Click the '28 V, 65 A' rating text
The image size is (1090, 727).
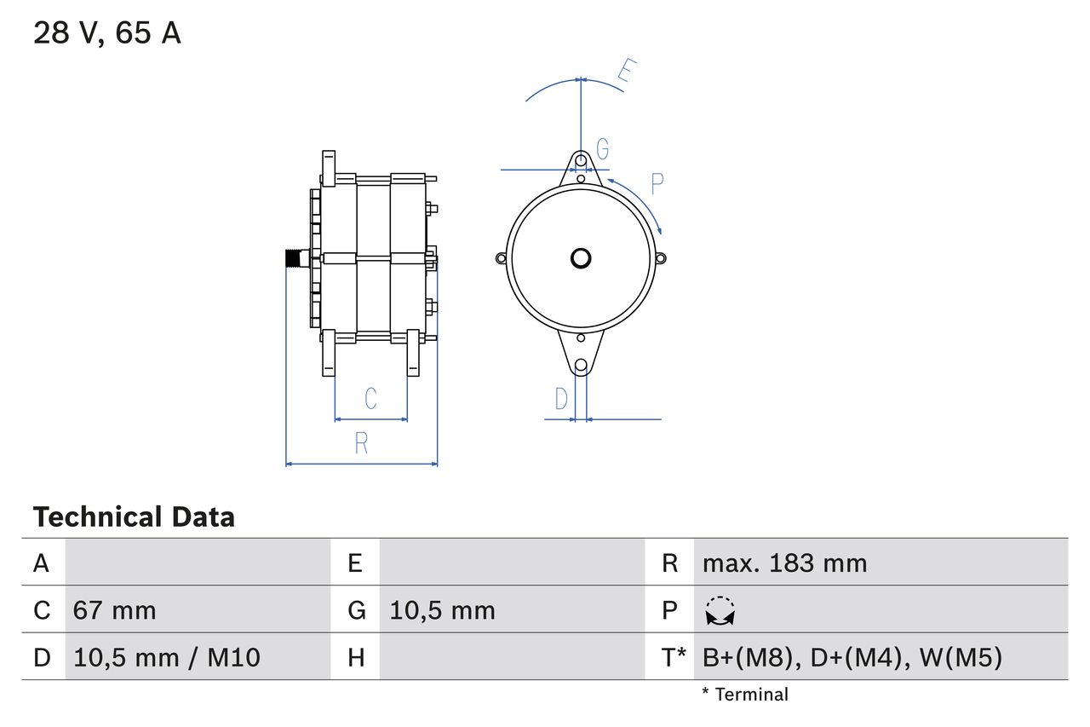(x=106, y=33)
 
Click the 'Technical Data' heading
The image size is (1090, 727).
(x=134, y=516)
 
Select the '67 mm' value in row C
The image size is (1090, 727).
(x=114, y=610)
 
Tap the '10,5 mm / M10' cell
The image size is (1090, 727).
(x=167, y=657)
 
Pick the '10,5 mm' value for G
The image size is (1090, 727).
(x=442, y=610)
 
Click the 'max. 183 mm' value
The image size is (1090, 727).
(x=784, y=563)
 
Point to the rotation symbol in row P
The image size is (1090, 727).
(x=720, y=611)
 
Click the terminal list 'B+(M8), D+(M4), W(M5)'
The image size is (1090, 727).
(x=852, y=657)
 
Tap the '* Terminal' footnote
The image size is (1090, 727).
(x=745, y=695)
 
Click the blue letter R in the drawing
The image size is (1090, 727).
(x=361, y=443)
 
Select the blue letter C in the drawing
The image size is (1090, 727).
(x=370, y=399)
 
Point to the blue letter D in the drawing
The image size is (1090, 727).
(x=561, y=399)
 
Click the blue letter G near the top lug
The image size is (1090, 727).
(x=602, y=150)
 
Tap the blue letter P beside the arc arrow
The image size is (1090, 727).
(x=657, y=183)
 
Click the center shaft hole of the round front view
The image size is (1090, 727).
(x=581, y=258)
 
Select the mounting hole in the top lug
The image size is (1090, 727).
(x=581, y=160)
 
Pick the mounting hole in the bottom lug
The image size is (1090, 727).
(x=581, y=366)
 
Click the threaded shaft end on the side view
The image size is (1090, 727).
(x=295, y=258)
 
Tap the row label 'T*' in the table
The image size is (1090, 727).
(x=674, y=657)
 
